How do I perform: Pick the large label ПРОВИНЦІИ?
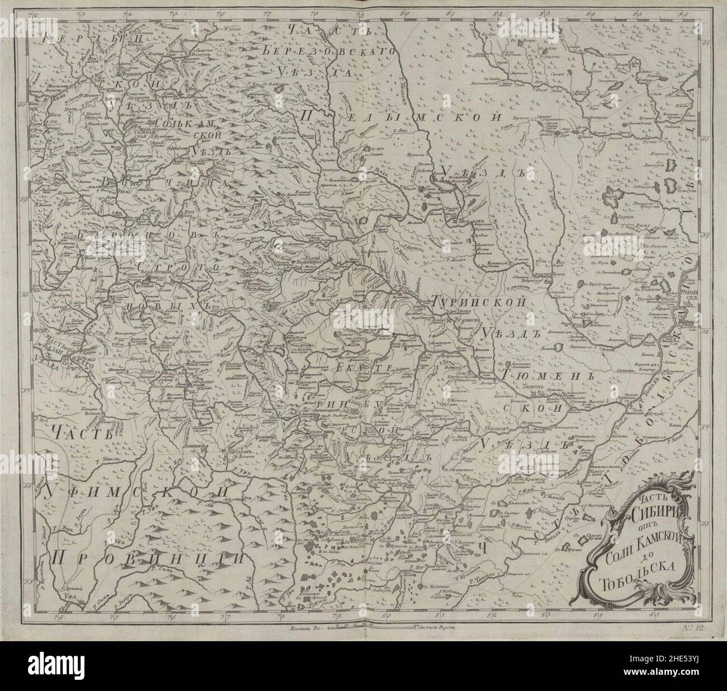(148, 557)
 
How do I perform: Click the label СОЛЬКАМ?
(190, 123)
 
